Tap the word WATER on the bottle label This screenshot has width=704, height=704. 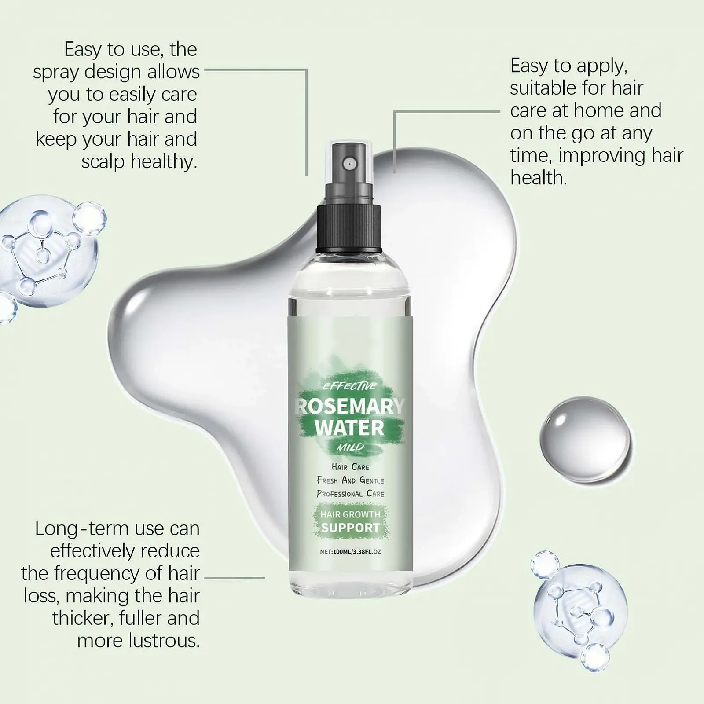350,428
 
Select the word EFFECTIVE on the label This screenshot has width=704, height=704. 349,386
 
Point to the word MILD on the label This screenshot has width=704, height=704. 351,447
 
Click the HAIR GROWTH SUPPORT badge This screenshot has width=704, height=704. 350,521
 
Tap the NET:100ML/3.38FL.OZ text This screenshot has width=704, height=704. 350,551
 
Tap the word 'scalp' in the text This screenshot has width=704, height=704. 104,162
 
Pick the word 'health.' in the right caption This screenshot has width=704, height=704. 539,178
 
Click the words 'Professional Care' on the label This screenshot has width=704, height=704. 350,494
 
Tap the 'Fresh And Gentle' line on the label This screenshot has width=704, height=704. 350,480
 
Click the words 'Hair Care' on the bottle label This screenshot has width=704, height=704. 350,466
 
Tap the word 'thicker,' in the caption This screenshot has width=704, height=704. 83,618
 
